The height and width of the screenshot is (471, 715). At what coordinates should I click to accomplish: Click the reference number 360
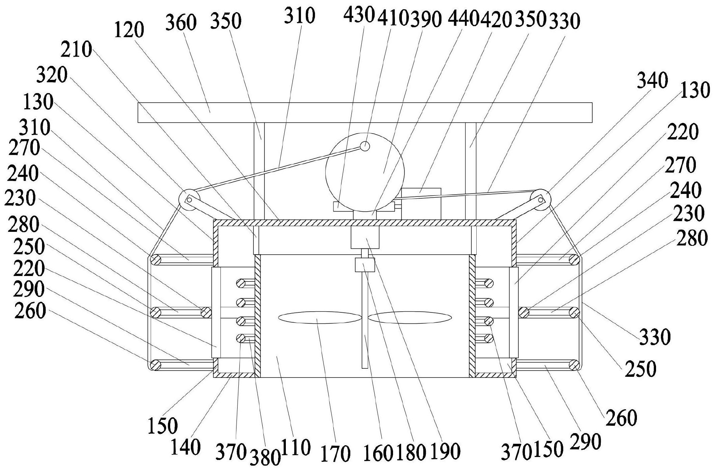click(180, 23)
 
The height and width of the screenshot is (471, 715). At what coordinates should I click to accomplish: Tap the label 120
click(129, 30)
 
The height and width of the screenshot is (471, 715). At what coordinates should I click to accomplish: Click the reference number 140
click(185, 447)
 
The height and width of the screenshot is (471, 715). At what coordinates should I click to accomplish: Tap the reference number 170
click(335, 453)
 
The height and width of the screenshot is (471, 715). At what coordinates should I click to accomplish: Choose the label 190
click(445, 451)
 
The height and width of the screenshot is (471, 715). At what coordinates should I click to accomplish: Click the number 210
click(76, 50)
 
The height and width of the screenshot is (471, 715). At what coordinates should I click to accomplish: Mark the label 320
click(52, 76)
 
